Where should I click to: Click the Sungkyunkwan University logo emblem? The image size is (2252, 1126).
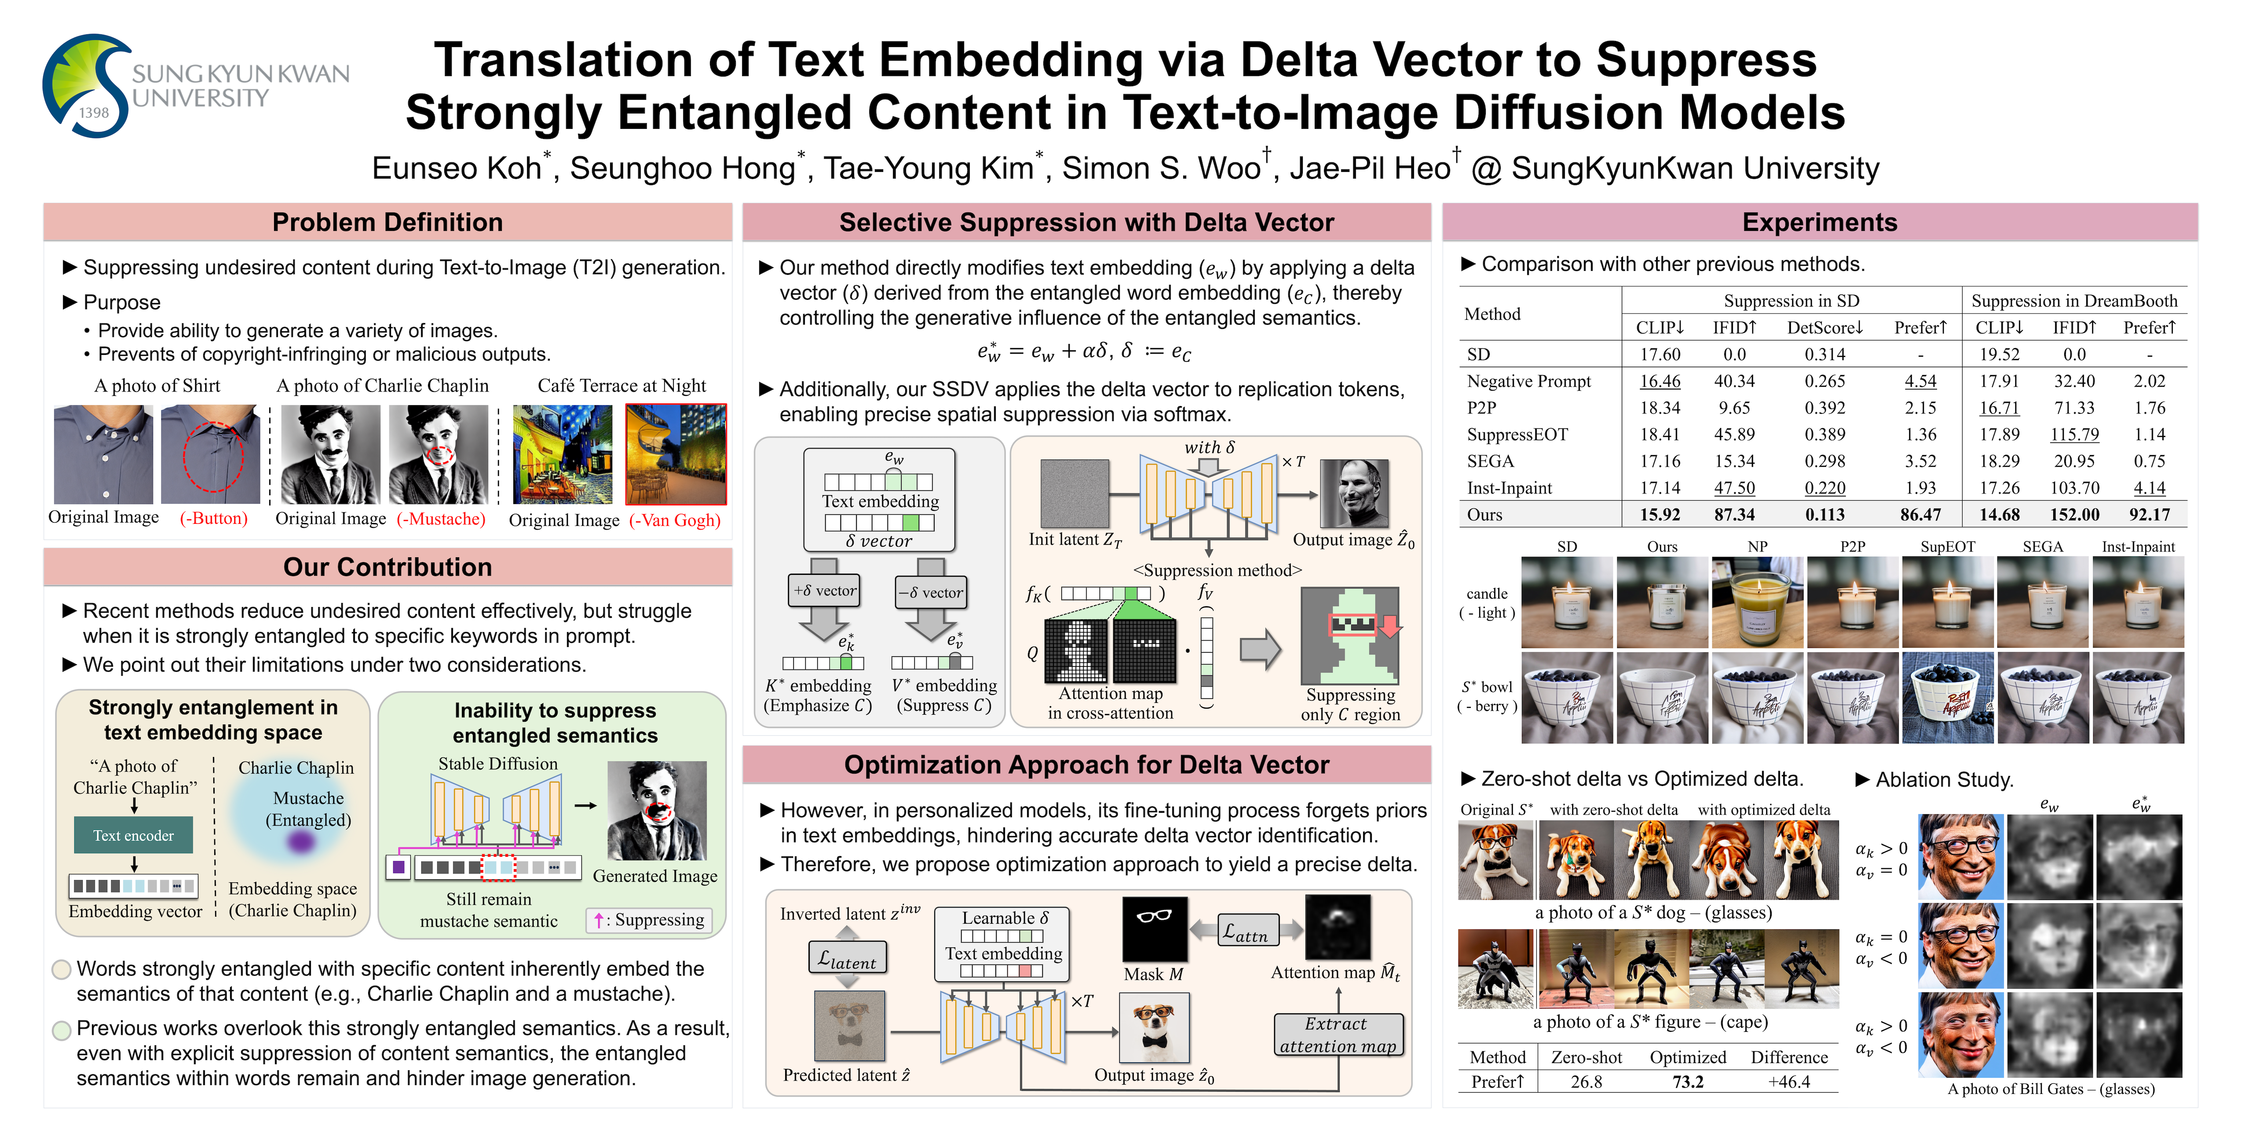[88, 86]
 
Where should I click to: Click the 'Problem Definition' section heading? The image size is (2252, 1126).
[387, 222]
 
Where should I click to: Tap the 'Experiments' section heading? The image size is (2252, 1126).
[1819, 222]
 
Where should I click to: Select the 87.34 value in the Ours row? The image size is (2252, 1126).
[1734, 515]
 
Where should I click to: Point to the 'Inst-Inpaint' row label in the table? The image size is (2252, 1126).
[1509, 488]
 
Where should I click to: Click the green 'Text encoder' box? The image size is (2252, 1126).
[134, 836]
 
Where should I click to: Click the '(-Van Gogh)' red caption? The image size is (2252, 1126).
[675, 520]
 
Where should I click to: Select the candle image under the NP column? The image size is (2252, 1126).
[1757, 603]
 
